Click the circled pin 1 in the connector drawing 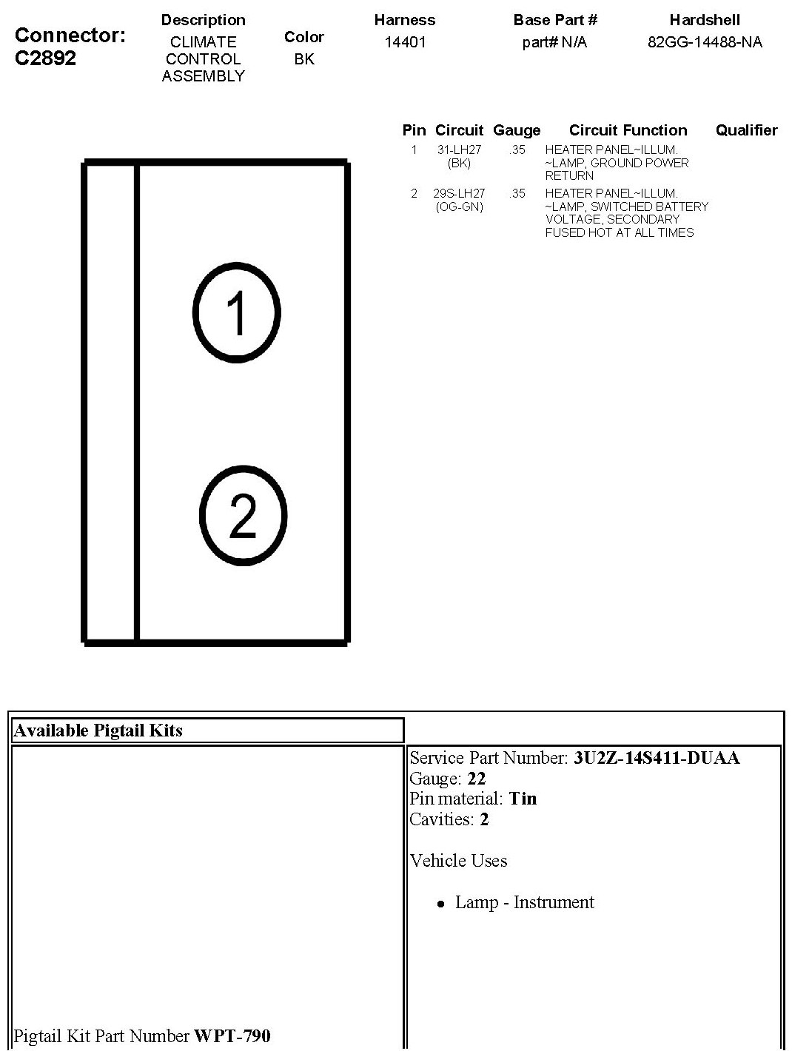coord(236,311)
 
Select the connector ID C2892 coord(45,58)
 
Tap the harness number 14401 coord(405,42)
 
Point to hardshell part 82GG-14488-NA coord(705,42)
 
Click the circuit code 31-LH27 coord(459,150)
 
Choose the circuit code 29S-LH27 coord(459,193)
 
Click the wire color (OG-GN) coord(459,206)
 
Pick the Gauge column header coord(517,130)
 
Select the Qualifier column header coord(746,130)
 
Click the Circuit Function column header coord(628,130)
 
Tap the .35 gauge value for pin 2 coord(517,193)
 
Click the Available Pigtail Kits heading coord(98,731)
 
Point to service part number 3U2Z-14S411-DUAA coord(657,758)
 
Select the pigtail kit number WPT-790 coord(232,1035)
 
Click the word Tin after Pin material coord(523,799)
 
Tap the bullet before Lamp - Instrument coord(441,904)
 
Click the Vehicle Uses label coord(458,861)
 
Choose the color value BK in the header coord(304,59)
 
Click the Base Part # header coord(555,20)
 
